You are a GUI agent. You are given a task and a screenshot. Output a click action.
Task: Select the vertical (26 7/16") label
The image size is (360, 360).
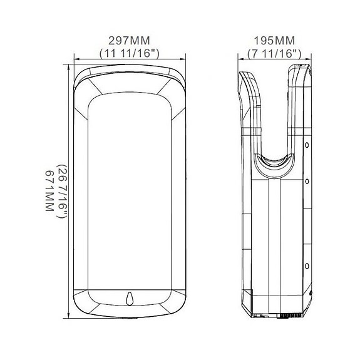point(61,190)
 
